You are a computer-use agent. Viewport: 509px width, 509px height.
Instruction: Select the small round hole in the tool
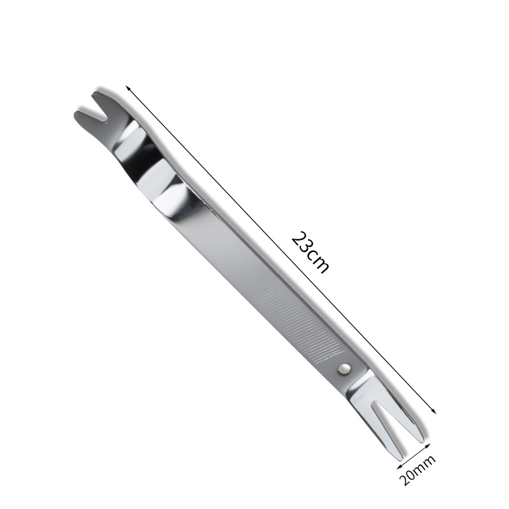344,368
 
